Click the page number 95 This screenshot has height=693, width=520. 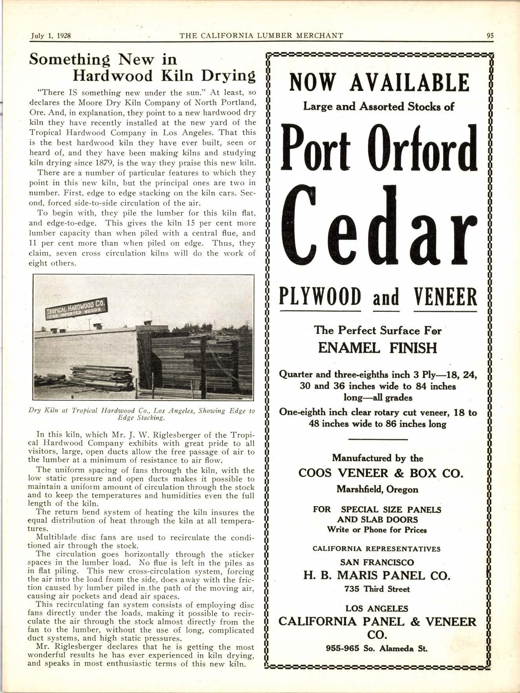(x=490, y=35)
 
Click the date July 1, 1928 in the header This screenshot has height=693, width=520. (x=50, y=35)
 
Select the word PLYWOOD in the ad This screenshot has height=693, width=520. (x=320, y=297)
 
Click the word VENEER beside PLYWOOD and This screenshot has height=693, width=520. (x=445, y=297)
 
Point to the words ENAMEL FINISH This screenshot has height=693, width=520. (x=377, y=348)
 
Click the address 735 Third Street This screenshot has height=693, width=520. (x=377, y=589)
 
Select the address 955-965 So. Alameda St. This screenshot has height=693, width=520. (x=377, y=648)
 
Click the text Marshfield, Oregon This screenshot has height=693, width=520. (x=377, y=489)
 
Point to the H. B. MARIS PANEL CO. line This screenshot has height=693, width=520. (x=377, y=576)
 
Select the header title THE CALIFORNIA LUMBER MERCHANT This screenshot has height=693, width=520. (x=261, y=35)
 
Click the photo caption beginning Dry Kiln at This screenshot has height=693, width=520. (x=142, y=414)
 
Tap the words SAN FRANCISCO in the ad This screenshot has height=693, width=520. (x=377, y=562)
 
